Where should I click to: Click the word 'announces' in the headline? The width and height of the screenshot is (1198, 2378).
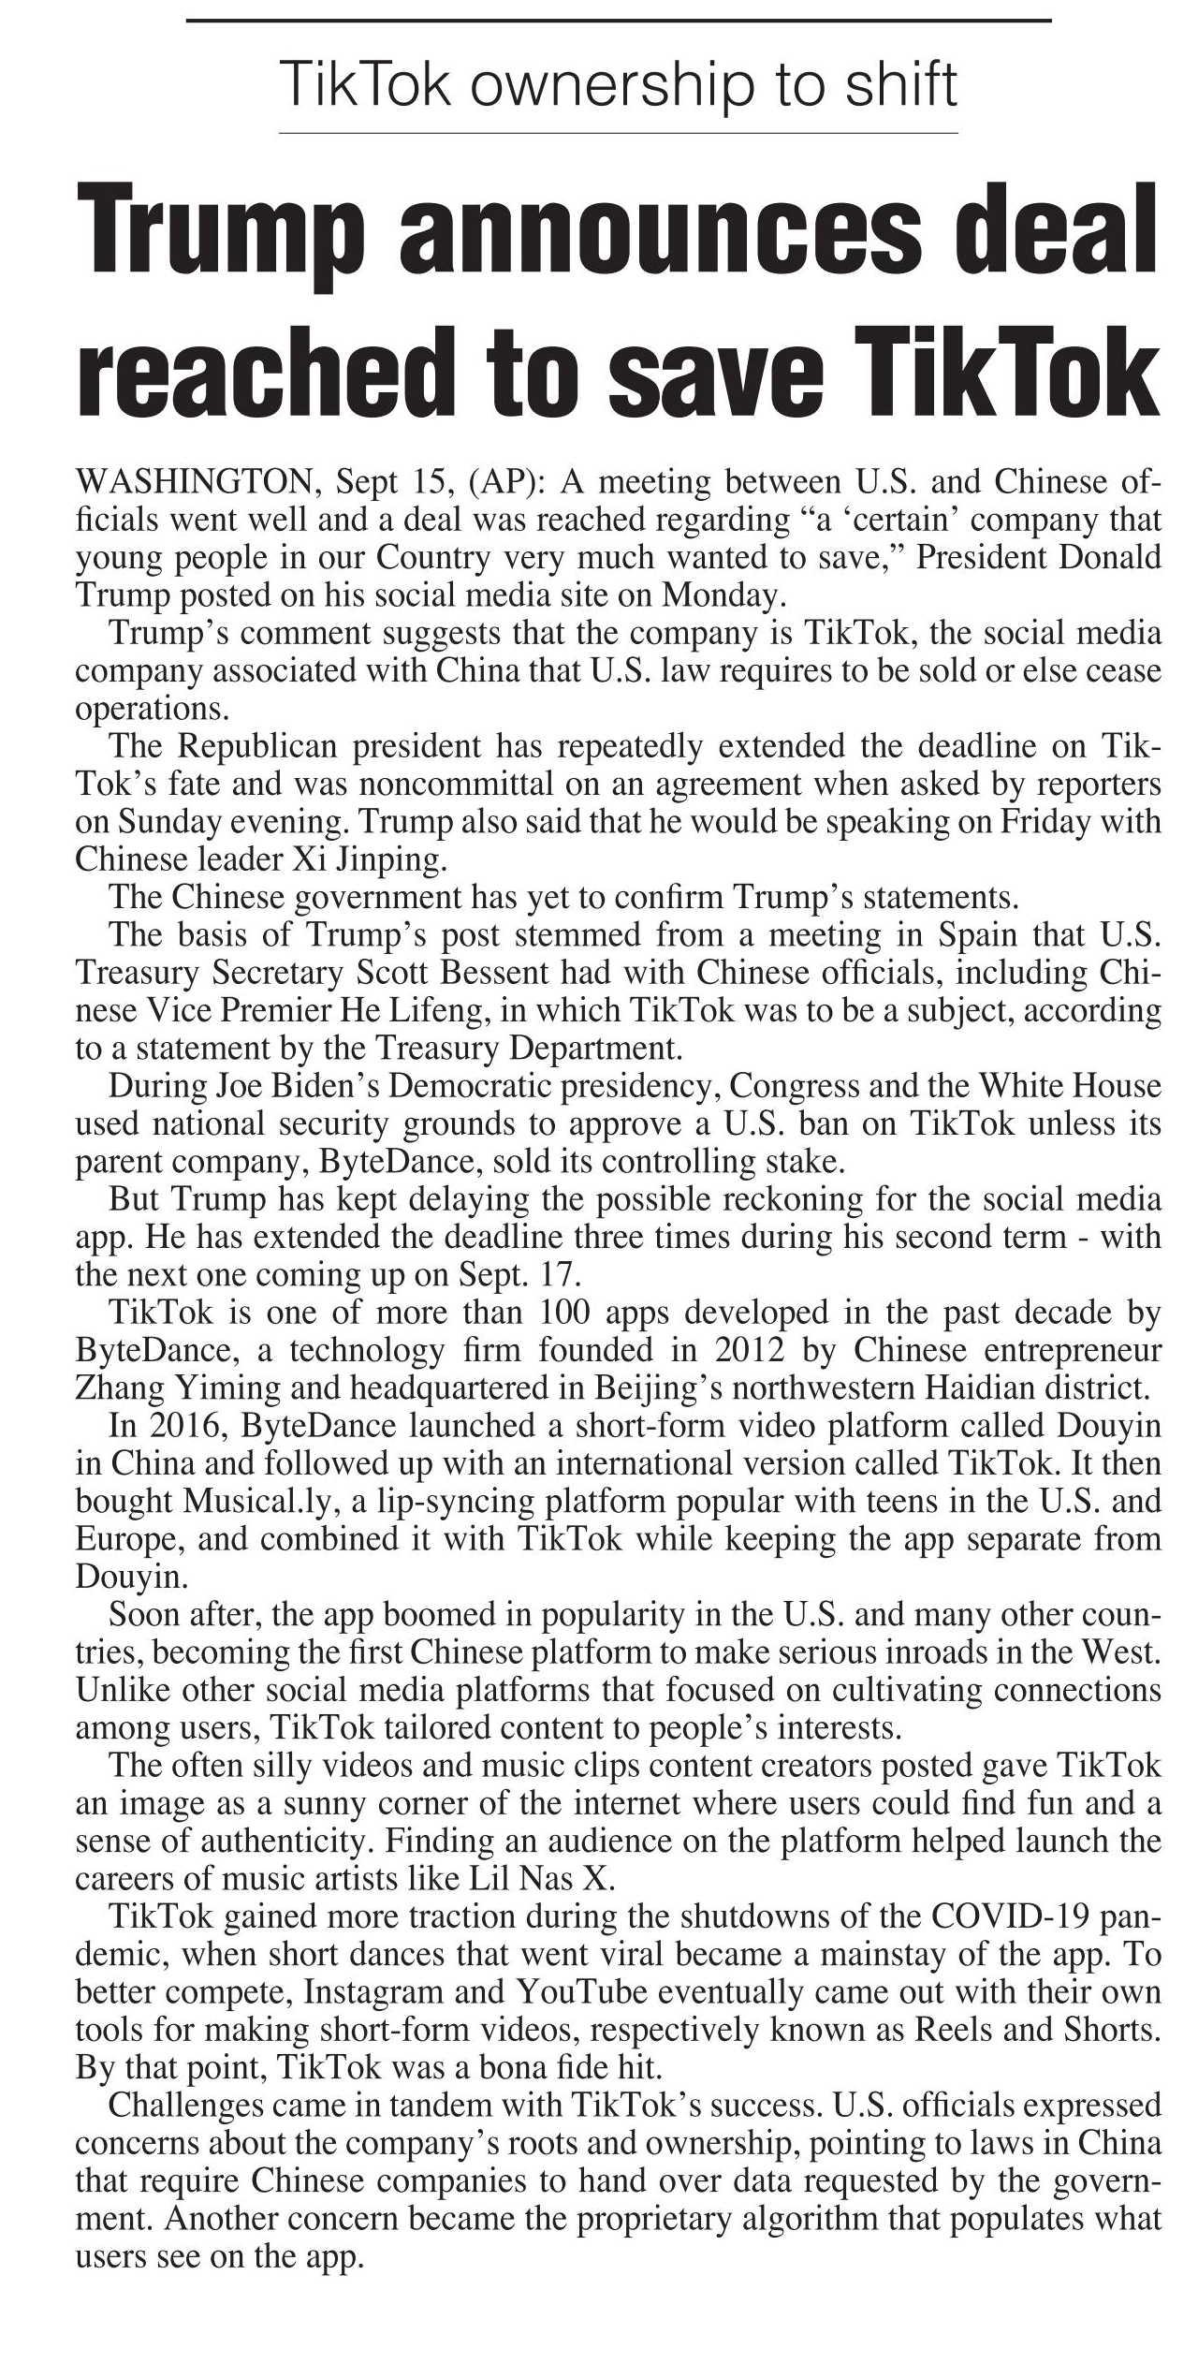tap(659, 230)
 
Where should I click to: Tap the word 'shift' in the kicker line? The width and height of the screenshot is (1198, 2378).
tap(900, 84)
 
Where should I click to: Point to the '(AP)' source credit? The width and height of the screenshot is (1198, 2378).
tap(506, 482)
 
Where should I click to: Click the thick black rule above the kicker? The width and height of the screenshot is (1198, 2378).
tap(619, 21)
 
